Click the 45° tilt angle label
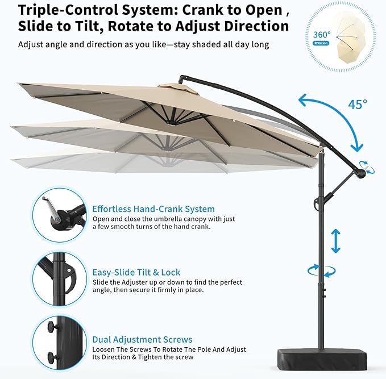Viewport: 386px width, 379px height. tap(358, 104)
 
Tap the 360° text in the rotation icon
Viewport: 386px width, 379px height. tap(322, 35)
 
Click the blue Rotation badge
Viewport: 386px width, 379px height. tap(321, 43)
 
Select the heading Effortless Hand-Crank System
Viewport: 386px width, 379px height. tap(153, 209)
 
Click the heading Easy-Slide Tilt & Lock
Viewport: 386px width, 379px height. tap(136, 272)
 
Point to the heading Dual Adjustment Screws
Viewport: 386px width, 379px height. tap(142, 339)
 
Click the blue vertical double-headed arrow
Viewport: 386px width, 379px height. tap(336, 241)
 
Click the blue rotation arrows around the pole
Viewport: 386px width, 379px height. tap(321, 271)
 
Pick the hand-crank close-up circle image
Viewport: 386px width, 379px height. tap(60, 215)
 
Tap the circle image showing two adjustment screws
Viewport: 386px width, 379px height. tap(60, 343)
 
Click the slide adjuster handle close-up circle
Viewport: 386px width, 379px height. tap(60, 279)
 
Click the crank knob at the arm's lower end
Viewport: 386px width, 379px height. tap(360, 173)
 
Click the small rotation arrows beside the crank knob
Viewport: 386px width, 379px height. tap(367, 168)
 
